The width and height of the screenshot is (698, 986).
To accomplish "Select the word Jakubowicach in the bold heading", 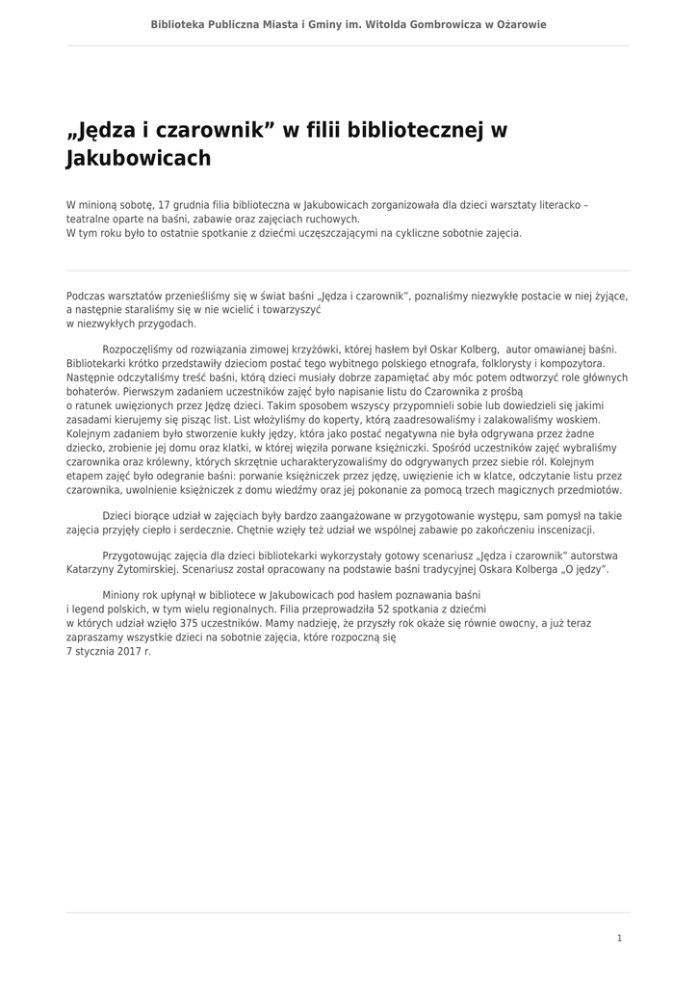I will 138,158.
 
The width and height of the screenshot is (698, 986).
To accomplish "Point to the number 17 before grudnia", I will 164,205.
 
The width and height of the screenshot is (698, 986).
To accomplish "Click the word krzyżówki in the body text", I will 272,349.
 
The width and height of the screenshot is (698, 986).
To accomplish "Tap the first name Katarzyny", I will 94,569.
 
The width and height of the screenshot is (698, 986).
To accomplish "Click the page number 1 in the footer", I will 620,938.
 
